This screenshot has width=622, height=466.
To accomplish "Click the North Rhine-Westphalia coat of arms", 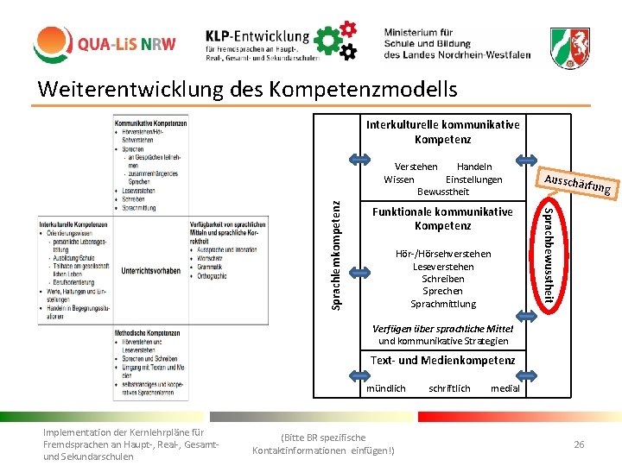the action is [x=571, y=42].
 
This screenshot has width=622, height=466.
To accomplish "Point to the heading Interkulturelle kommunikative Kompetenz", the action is [x=443, y=132].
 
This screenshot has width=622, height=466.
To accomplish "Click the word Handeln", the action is [x=474, y=167].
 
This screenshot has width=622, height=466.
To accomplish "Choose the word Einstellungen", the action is [x=473, y=179].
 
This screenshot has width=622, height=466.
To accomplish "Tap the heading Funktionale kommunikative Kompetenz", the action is [x=443, y=218].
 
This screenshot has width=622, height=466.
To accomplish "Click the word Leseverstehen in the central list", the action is [x=443, y=267].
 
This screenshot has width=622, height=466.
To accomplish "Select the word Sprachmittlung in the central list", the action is [x=443, y=304].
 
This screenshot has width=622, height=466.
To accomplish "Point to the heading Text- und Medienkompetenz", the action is [x=443, y=360].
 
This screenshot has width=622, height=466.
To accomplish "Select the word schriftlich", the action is [x=449, y=388].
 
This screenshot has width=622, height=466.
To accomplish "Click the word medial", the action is [x=505, y=388].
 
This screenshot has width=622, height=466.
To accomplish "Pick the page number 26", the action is [x=579, y=444].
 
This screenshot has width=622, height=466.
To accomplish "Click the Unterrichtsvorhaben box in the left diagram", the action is [x=151, y=270].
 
